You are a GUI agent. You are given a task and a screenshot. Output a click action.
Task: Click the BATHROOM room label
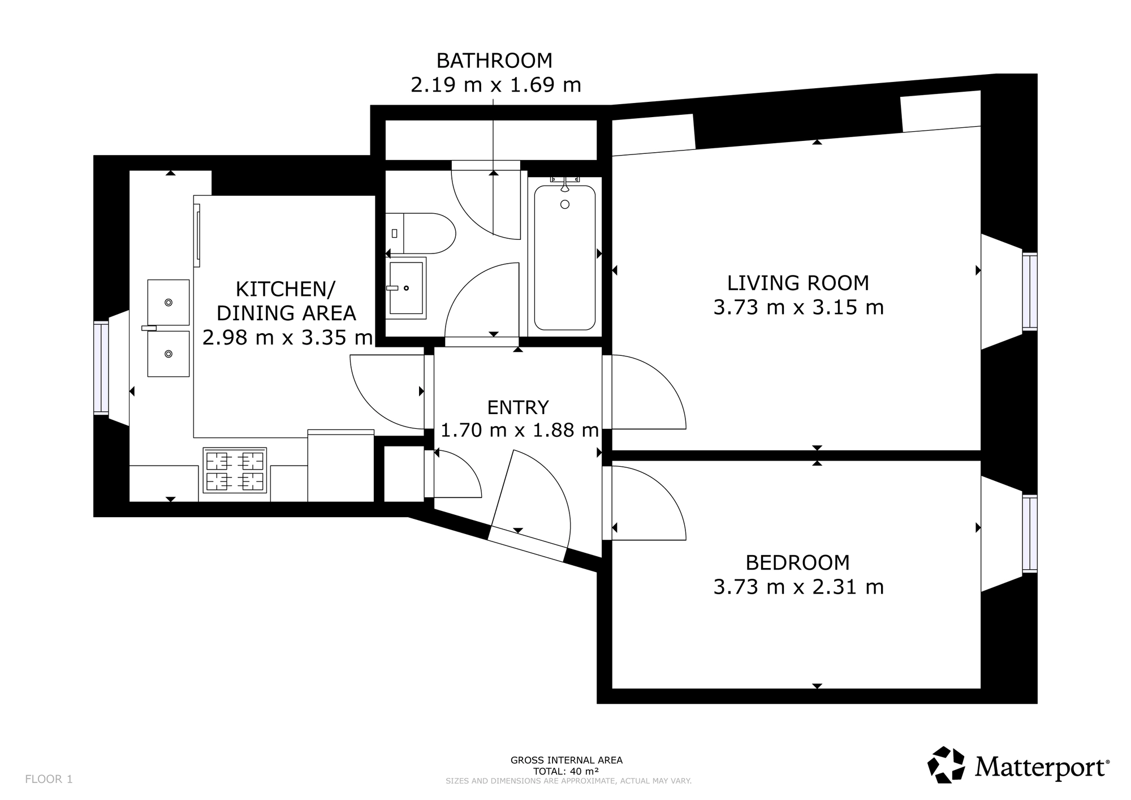494,60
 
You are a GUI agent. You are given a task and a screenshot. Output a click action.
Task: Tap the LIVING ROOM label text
798,282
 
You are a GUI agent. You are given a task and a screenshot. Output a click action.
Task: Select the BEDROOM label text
798,562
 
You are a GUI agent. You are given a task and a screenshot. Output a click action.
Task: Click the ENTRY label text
518,407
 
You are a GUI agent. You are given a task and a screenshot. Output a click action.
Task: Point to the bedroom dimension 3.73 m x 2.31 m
798,587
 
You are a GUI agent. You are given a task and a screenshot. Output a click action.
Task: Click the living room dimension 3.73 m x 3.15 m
798,307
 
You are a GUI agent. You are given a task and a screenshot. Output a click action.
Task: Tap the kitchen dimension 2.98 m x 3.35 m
287,338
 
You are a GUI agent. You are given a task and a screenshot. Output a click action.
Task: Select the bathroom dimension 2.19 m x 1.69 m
495,85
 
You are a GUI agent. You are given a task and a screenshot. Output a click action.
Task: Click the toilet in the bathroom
421,233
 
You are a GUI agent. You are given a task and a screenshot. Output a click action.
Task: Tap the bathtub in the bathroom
565,257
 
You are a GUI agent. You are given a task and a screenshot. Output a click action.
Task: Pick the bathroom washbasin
406,288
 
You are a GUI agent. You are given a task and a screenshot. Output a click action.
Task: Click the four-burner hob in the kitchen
235,470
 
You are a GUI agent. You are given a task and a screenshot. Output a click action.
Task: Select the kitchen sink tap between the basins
149,328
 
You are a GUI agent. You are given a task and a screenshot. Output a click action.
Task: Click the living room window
1030,292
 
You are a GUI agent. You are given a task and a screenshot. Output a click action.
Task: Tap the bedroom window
1030,534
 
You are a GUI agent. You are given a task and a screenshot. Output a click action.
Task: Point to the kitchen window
101,368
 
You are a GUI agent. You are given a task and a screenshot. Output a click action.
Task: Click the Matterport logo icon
946,765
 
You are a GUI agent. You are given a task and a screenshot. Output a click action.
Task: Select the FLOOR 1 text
49,779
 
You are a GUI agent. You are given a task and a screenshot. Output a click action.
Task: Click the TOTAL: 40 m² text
566,771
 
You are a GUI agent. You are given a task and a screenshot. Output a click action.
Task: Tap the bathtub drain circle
565,204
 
